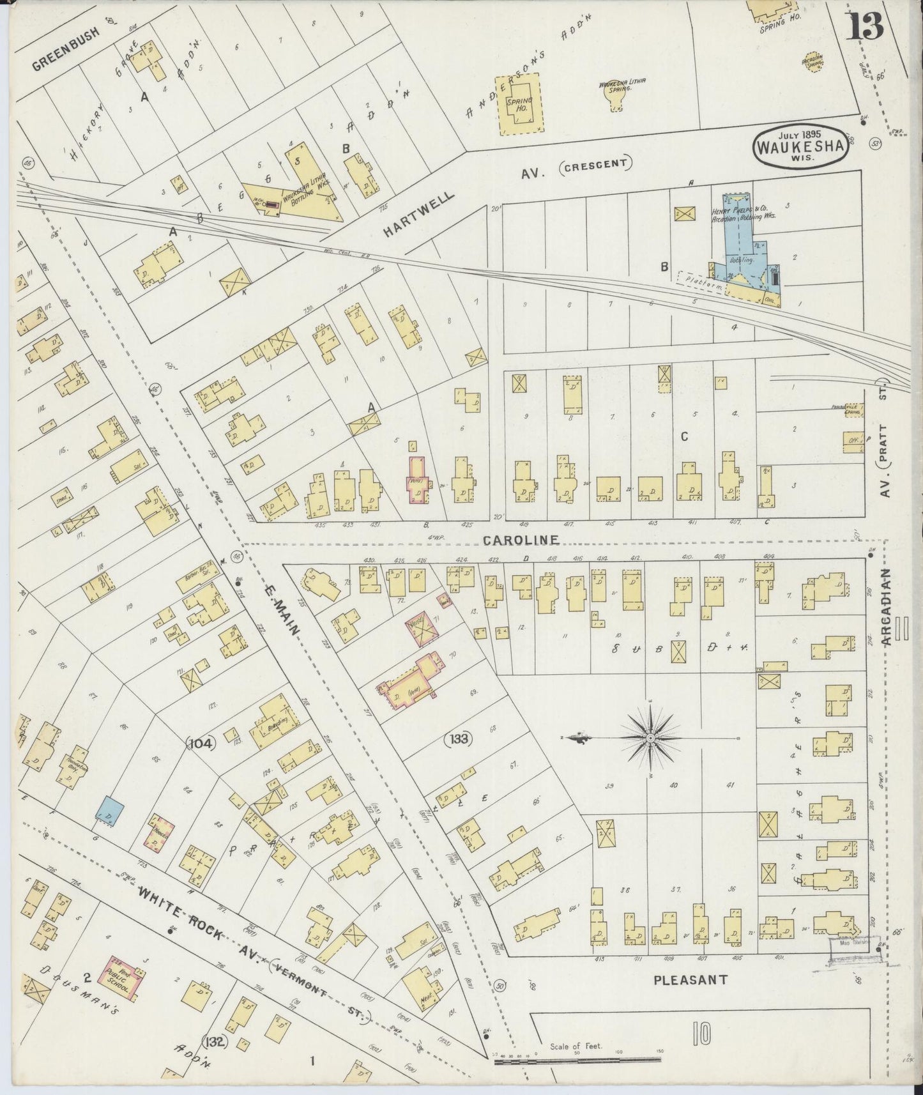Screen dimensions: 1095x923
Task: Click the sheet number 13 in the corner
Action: [866, 26]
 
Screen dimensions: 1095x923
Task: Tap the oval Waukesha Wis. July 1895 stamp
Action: [800, 146]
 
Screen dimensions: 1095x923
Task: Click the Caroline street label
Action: [521, 540]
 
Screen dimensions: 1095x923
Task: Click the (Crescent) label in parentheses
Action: [596, 164]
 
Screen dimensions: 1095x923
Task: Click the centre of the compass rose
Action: [650, 739]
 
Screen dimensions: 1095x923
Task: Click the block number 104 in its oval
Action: [202, 742]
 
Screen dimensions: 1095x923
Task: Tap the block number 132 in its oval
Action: [215, 1043]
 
